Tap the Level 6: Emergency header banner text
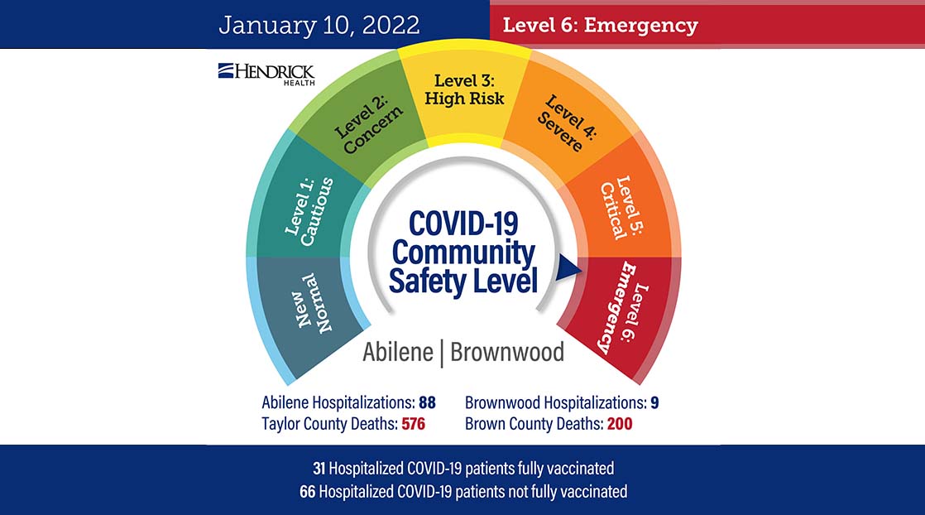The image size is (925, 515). tap(600, 25)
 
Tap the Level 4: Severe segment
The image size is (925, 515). tap(563, 124)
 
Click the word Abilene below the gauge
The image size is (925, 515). tap(398, 352)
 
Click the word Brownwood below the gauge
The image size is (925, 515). tap(506, 352)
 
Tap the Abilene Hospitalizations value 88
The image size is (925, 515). tap(427, 403)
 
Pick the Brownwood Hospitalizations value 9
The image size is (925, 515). tap(654, 403)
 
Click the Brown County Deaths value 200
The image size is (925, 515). tap(617, 424)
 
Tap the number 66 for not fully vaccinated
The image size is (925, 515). tap(308, 491)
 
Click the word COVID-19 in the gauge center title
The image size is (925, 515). tap(462, 224)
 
